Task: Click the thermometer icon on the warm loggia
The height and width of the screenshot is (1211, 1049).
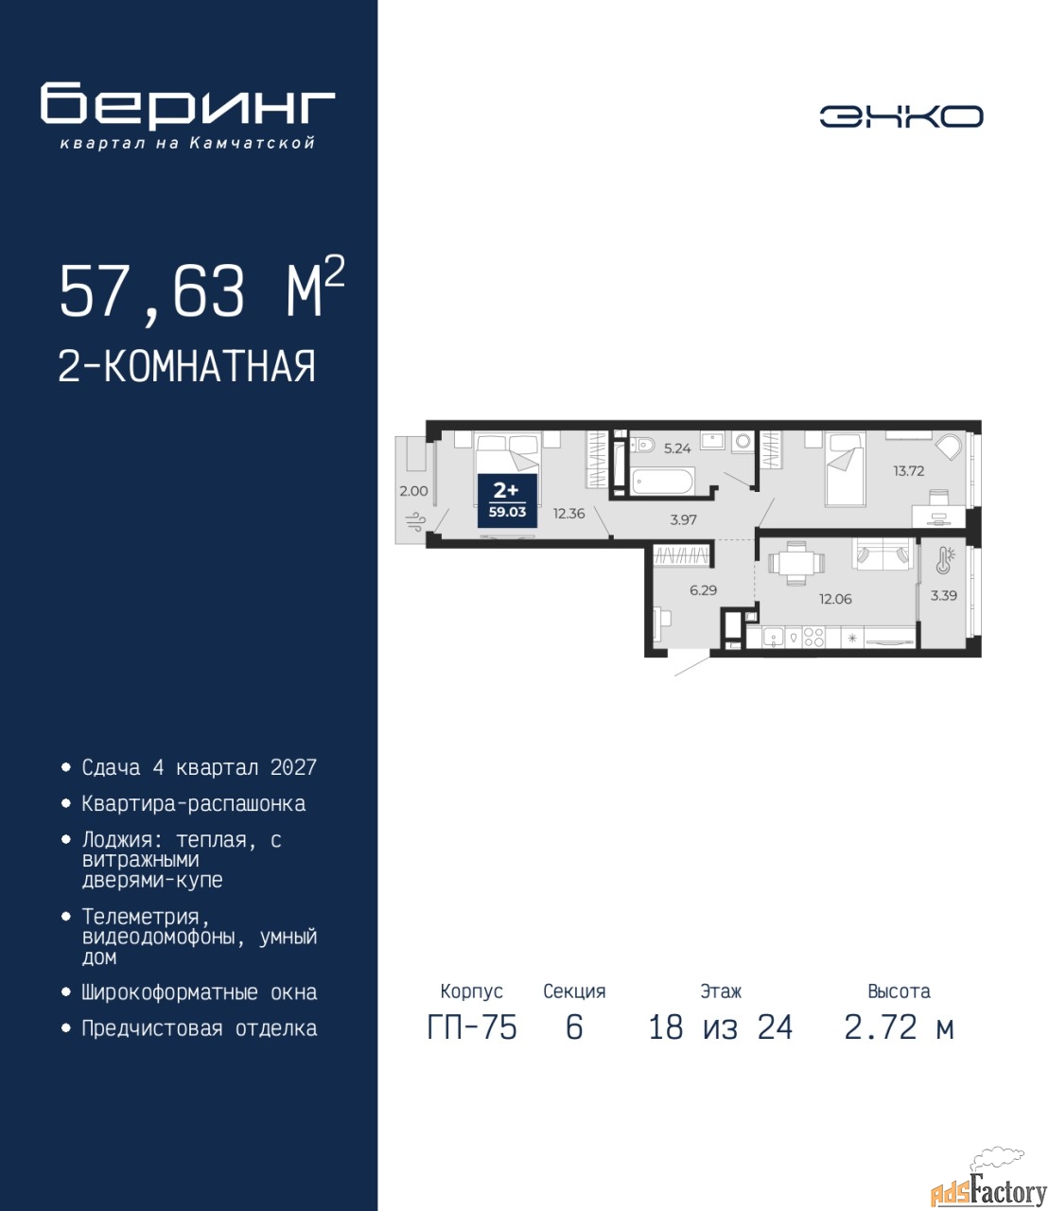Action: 945,560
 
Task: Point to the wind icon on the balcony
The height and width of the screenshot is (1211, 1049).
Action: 416,520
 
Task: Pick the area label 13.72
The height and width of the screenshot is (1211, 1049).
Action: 908,470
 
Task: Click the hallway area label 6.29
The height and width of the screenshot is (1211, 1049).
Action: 703,590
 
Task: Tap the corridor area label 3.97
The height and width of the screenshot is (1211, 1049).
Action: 683,519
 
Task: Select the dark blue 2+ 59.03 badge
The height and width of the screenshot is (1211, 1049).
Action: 507,500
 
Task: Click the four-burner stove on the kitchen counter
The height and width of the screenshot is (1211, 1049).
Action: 813,637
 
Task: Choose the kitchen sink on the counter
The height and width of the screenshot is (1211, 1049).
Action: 773,637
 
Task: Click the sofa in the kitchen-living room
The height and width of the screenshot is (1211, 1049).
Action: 883,553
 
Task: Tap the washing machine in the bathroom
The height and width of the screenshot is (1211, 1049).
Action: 743,442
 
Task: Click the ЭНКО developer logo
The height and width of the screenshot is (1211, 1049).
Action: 900,116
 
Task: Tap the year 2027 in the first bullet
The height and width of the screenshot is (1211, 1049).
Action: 293,767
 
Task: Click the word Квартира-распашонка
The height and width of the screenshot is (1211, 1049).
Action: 193,804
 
